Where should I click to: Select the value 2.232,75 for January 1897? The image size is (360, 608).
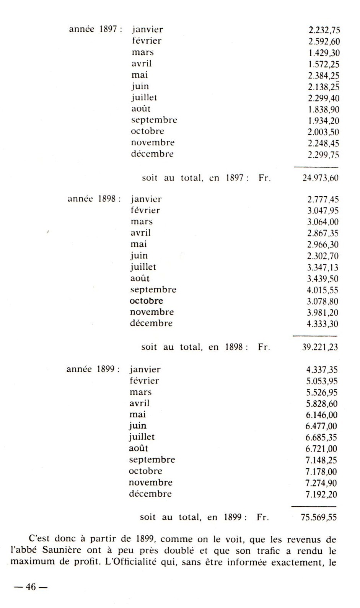[324, 30]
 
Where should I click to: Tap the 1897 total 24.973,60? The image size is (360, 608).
[320, 178]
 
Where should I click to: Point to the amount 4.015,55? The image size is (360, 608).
[323, 290]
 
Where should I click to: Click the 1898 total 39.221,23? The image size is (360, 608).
[320, 347]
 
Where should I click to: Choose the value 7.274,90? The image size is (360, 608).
[321, 483]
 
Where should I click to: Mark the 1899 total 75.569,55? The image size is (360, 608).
[319, 518]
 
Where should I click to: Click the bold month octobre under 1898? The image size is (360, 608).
[146, 301]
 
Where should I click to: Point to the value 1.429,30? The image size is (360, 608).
[324, 53]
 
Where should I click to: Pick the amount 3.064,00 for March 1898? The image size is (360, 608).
[323, 222]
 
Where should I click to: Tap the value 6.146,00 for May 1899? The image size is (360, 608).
[321, 415]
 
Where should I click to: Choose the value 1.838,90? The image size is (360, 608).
[324, 109]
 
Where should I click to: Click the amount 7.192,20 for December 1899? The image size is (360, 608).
[321, 494]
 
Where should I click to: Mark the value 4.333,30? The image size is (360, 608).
[323, 324]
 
